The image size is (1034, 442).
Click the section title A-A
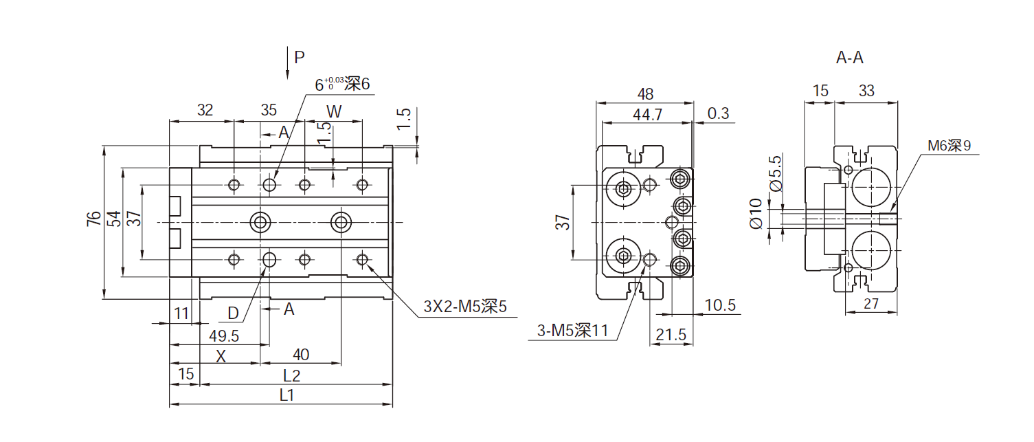(849, 58)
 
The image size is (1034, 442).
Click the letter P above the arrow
(299, 57)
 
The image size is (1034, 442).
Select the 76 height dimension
(93, 219)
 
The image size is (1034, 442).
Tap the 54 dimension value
(114, 219)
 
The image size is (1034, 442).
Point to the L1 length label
(287, 395)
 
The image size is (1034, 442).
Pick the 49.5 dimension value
(223, 335)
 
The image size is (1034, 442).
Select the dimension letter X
(221, 356)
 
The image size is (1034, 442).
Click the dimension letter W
(333, 111)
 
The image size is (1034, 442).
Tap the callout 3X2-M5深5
(464, 307)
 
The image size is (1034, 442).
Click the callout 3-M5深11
(572, 331)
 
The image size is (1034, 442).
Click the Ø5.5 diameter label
(776, 173)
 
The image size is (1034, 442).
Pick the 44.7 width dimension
(647, 115)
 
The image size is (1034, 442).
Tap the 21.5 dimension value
(671, 335)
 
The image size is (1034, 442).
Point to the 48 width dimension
(645, 94)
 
